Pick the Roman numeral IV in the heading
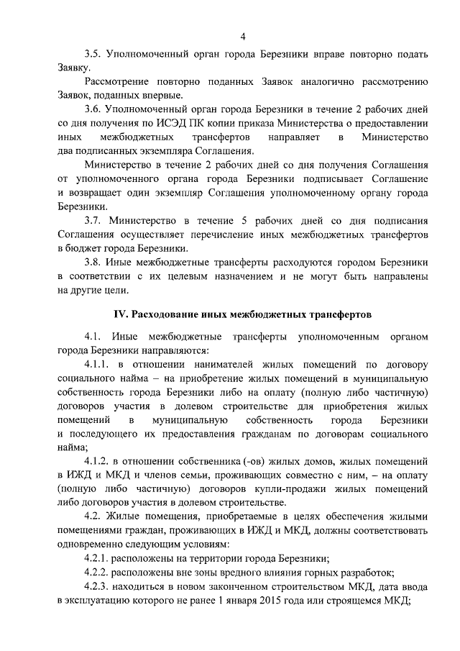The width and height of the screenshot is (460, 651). point(121,315)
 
